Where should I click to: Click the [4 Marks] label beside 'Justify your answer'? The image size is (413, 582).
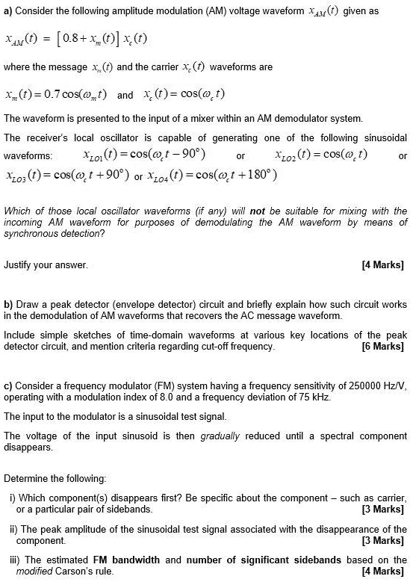[382, 264]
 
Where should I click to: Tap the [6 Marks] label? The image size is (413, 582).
[382, 347]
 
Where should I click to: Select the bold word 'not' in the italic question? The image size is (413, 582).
[264, 211]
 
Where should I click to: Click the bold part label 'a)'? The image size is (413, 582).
[8, 12]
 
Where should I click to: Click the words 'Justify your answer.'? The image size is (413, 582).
[46, 264]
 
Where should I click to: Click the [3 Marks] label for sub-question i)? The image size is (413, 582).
[382, 510]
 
